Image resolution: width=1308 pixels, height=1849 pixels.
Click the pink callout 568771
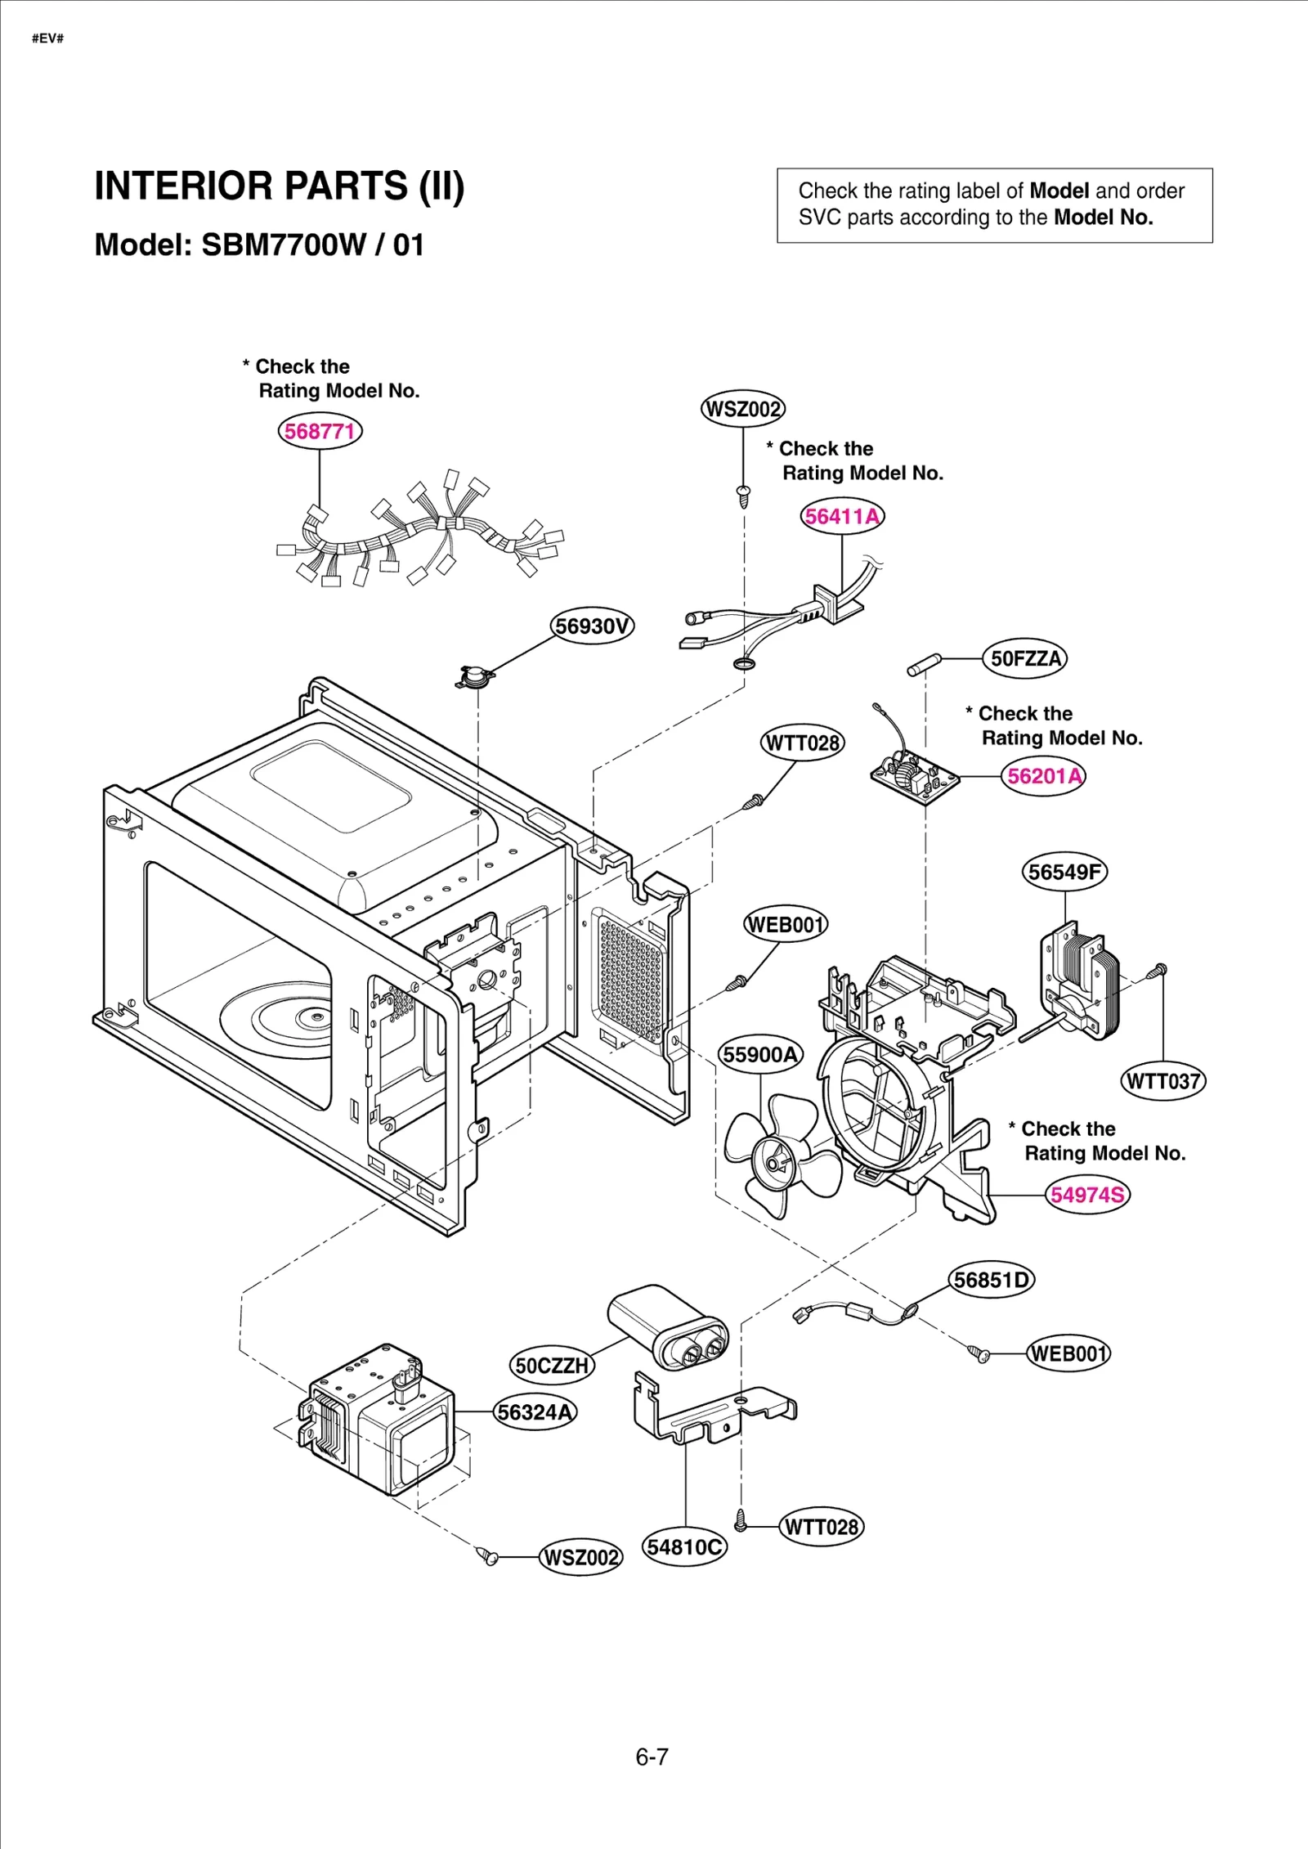pos(320,431)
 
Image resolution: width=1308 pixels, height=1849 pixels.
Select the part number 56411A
pos(842,517)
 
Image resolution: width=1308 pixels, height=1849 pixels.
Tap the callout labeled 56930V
pos(592,626)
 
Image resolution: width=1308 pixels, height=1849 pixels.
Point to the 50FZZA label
pos(1025,658)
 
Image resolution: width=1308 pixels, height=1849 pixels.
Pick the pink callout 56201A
pos(1044,776)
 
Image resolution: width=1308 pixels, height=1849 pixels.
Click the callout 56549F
pos(1064,872)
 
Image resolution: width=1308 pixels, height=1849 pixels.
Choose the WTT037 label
pos(1162,1081)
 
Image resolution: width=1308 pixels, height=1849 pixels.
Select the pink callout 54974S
pos(1088,1195)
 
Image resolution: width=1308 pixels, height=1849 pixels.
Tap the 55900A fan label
pos(760,1055)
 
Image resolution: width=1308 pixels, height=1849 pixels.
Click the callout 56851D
pos(992,1280)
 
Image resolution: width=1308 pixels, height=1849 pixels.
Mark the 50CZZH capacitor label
pos(553,1366)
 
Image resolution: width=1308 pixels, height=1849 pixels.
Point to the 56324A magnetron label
pos(535,1412)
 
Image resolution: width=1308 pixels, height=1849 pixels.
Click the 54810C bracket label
pos(684,1547)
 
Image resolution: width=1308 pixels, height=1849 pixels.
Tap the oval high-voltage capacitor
pos(669,1325)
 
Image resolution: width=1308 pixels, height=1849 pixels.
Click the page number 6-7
pos(652,1757)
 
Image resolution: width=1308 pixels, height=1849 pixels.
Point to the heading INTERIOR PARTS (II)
pos(280,186)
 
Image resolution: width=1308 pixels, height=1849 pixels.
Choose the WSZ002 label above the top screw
pos(742,409)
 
